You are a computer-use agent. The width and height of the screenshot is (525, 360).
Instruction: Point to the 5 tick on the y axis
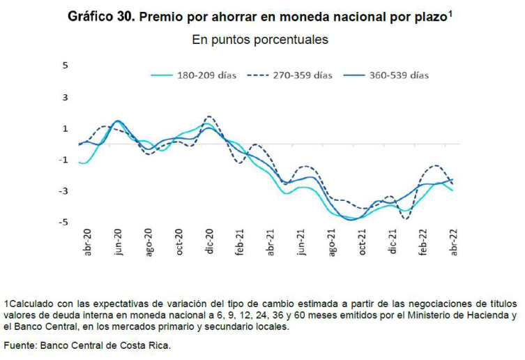pos(66,66)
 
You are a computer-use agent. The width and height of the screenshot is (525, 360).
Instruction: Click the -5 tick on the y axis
pos(64,223)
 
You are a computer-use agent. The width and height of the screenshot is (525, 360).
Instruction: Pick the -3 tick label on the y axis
pos(64,191)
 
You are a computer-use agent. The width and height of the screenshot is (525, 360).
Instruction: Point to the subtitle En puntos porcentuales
pos(260,40)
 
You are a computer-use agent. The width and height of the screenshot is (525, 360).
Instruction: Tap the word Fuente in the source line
pos(20,345)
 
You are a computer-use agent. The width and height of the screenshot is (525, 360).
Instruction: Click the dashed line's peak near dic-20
pos(209,117)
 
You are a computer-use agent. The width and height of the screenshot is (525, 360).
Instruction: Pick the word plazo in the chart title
pos(427,16)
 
